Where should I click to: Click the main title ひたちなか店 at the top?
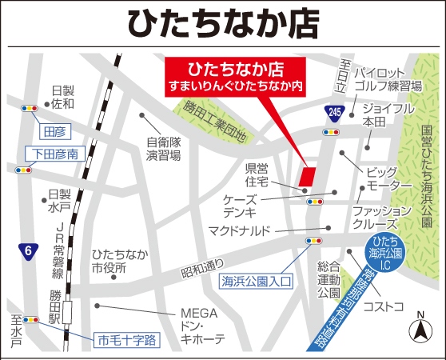coord(223,24)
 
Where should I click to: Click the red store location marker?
coord(306,177)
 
